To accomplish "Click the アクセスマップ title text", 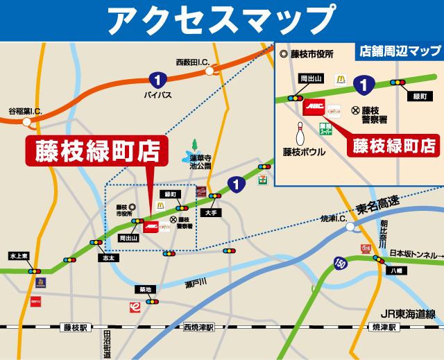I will pos(221,20).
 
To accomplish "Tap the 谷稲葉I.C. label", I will pos(25,111).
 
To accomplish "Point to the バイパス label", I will pos(157,94).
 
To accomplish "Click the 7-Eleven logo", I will pos(262,179).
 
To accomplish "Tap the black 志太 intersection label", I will pos(108,257).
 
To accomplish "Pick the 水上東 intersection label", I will pos(19,256).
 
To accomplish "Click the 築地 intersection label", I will pos(144,289).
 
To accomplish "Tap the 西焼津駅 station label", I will pos(199,327).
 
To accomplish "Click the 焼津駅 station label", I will pos(383,327).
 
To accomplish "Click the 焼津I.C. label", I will pos(336,218).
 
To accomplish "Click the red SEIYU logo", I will pos(35,300).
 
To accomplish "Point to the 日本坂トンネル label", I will pos(416,254).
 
